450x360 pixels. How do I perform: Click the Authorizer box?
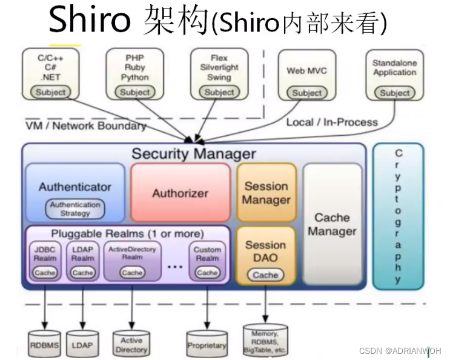click(180, 193)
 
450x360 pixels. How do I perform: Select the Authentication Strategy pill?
click(75, 209)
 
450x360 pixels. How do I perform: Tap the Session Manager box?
click(266, 193)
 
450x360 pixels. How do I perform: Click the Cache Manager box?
click(332, 224)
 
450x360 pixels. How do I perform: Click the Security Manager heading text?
click(194, 154)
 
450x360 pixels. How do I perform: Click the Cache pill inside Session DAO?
click(265, 275)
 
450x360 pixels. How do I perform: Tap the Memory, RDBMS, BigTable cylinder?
click(265, 341)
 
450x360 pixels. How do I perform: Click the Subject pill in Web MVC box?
click(306, 93)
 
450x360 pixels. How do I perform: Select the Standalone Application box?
click(395, 76)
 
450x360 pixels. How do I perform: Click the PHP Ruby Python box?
click(134, 74)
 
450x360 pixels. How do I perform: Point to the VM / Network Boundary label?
click(85, 125)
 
